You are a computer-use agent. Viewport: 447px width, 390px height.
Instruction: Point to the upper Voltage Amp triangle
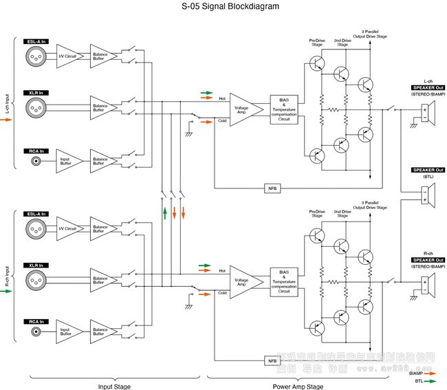click(244, 109)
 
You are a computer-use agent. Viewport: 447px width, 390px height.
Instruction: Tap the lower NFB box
click(272, 360)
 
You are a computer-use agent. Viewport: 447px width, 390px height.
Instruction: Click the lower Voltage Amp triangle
click(244, 282)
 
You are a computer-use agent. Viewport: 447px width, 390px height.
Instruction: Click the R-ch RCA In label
click(36, 321)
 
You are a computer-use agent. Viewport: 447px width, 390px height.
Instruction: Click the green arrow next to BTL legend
click(432, 380)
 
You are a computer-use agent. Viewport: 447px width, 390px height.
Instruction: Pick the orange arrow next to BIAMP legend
click(432, 372)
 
